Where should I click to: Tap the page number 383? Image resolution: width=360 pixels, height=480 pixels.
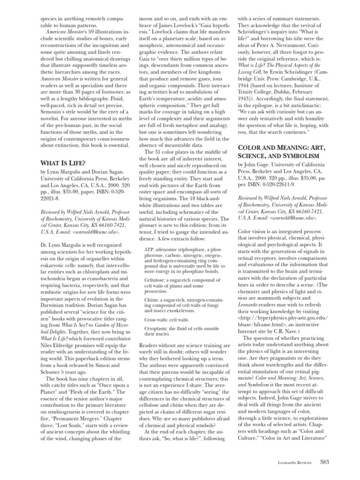click(324, 462)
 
